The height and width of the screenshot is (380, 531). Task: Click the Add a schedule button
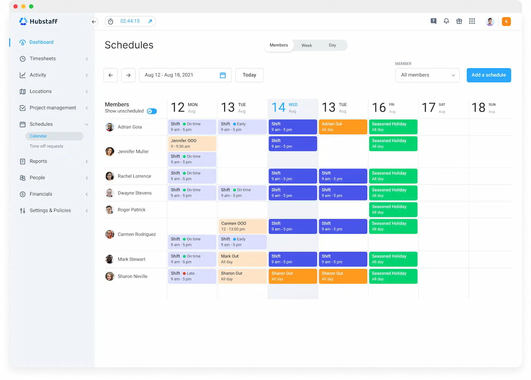click(x=488, y=75)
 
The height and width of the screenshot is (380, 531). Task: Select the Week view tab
click(x=306, y=46)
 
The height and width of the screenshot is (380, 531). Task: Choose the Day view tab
click(x=332, y=46)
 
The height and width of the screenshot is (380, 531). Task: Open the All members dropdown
click(x=427, y=75)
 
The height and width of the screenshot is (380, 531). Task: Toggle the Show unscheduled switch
click(x=152, y=111)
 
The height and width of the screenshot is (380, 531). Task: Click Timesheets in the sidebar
click(x=43, y=59)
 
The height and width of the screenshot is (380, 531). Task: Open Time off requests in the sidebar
click(x=46, y=146)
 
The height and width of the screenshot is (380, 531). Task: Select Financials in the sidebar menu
click(x=41, y=194)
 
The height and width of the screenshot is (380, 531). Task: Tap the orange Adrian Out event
click(x=343, y=127)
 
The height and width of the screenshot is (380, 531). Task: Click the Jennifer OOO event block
click(x=192, y=143)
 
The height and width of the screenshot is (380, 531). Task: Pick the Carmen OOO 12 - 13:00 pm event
click(x=242, y=226)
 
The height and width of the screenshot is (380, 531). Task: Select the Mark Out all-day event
click(x=242, y=259)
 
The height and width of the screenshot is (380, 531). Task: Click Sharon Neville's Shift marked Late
click(x=192, y=276)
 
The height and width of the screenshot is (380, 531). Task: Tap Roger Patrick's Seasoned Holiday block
click(x=393, y=210)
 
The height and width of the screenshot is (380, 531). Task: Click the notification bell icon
click(x=446, y=21)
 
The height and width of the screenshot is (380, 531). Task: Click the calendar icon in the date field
click(x=223, y=75)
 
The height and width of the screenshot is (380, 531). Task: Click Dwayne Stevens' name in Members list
click(x=134, y=193)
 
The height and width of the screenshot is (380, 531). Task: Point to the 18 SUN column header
click(x=483, y=107)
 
